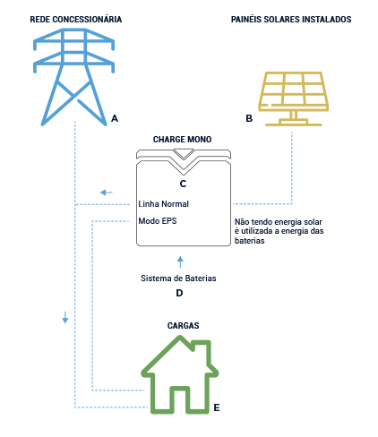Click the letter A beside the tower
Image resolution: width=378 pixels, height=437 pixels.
pos(115,118)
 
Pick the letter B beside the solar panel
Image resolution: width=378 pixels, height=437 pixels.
pos(248,118)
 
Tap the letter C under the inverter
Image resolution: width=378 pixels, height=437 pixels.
pos(182,184)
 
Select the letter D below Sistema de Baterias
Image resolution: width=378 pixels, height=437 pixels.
pos(179,293)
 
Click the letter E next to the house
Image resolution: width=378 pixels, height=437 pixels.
pos(217,407)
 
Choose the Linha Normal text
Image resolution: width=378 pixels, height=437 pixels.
pos(164,204)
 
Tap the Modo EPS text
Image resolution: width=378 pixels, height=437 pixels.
pos(158,220)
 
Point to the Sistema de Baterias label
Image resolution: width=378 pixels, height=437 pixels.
pos(178,278)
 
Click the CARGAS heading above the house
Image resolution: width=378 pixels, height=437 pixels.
pos(183,326)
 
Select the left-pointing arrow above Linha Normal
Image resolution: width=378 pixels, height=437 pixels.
pos(107,193)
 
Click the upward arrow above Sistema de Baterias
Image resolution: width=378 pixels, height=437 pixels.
pos(180,261)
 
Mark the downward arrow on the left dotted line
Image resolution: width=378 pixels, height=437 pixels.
pos(65,318)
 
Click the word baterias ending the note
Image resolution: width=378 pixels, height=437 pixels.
pos(249,241)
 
